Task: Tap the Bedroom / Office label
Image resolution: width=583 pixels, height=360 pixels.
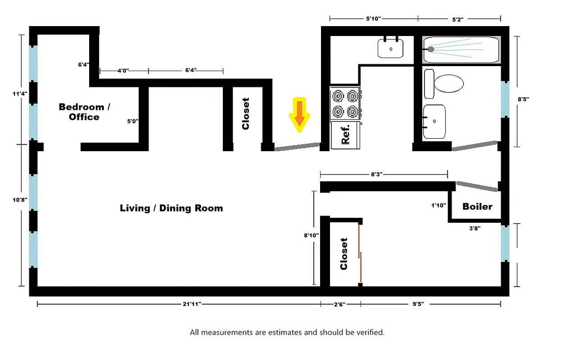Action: tap(84, 112)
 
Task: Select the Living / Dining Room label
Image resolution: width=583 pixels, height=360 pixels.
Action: tap(171, 208)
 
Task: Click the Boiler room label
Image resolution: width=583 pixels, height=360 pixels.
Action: tap(477, 207)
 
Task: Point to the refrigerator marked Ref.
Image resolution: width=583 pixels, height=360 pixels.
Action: tap(345, 135)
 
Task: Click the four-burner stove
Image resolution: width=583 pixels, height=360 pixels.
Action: tap(345, 103)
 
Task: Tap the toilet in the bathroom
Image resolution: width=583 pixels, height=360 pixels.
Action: tap(447, 84)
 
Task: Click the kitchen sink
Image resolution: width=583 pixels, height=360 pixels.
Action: tap(390, 48)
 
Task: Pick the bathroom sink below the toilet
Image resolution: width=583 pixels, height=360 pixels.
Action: tap(434, 121)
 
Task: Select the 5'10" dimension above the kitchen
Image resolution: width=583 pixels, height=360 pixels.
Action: tap(373, 19)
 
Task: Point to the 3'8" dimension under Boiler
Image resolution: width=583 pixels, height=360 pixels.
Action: tap(475, 228)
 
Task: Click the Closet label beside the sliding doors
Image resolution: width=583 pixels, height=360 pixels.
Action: tap(344, 254)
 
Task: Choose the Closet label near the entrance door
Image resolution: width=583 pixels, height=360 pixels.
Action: tap(246, 114)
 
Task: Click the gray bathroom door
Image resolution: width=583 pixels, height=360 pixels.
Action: tap(475, 146)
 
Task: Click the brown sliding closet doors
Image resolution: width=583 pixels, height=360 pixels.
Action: tap(360, 254)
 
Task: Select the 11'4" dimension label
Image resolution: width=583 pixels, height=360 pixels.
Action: tap(19, 94)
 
